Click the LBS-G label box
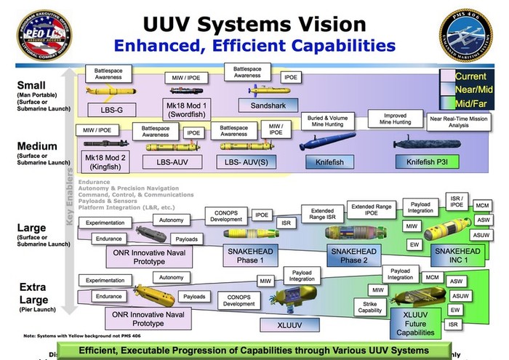(107, 110)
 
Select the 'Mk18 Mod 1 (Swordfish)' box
(185, 110)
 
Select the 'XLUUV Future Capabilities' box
(414, 322)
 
